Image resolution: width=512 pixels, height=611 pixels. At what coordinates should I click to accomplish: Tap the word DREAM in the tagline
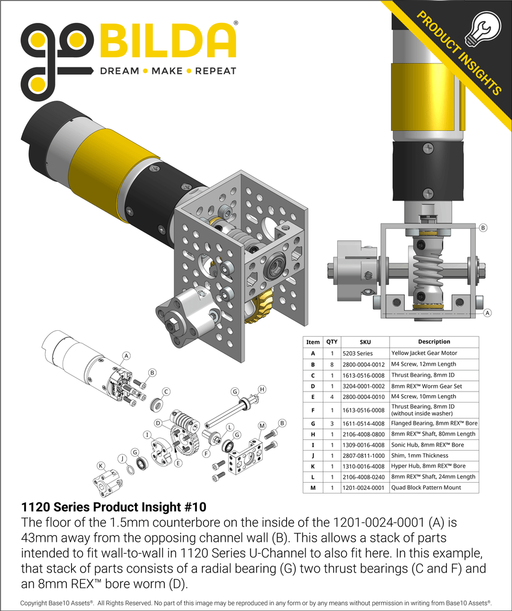pyautogui.click(x=119, y=70)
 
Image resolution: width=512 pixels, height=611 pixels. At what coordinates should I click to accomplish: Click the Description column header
pyautogui.click(x=434, y=342)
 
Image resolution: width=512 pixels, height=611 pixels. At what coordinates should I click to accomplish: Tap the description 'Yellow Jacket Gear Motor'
pyautogui.click(x=424, y=353)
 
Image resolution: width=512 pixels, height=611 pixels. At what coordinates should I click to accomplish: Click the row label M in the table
pyautogui.click(x=313, y=487)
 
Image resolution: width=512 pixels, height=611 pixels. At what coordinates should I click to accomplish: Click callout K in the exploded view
pyautogui.click(x=101, y=465)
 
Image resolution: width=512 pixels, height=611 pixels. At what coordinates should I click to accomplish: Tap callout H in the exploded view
pyautogui.click(x=262, y=389)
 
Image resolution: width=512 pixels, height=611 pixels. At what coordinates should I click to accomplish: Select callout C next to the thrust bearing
pyautogui.click(x=166, y=391)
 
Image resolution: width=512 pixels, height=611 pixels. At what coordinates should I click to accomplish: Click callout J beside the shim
pyautogui.click(x=122, y=459)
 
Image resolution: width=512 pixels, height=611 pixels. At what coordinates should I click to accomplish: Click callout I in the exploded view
pyautogui.click(x=146, y=434)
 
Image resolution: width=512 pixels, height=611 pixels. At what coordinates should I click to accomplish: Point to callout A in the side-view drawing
pyautogui.click(x=487, y=313)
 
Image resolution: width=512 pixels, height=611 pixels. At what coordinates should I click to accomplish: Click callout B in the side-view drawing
pyautogui.click(x=482, y=228)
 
